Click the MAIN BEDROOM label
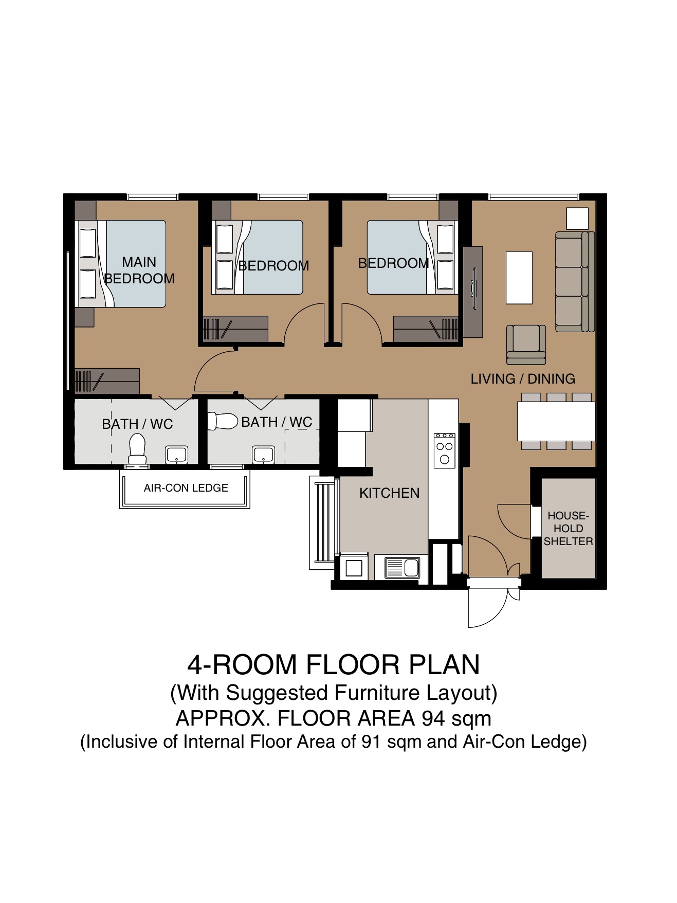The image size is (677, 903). [139, 270]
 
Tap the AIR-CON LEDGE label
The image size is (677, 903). [186, 488]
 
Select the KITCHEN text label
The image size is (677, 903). [389, 493]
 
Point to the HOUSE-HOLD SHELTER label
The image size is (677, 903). [568, 529]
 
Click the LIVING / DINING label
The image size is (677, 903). [523, 379]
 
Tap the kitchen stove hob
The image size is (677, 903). [444, 451]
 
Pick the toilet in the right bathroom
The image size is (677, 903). [223, 421]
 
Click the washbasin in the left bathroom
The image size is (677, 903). [176, 455]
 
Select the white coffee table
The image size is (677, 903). [519, 278]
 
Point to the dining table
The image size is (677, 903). [556, 421]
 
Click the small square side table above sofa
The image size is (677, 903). [577, 219]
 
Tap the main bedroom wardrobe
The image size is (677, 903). [107, 381]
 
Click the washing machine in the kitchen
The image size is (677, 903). [354, 567]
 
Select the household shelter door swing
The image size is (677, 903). [515, 521]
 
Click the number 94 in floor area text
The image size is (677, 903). [433, 718]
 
